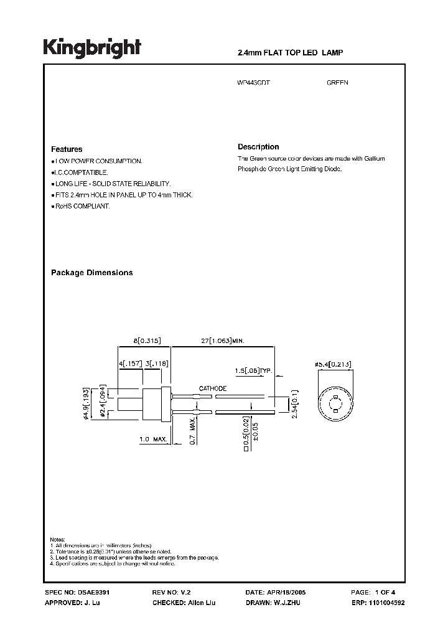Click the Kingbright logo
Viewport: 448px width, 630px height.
pos(92,48)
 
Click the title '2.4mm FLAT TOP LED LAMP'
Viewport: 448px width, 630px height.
pos(291,53)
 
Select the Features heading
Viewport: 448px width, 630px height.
pos(67,149)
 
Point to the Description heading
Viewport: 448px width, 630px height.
pos(258,147)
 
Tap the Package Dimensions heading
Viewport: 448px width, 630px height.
pos(91,273)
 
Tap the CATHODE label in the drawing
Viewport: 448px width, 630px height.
pos(213,388)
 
